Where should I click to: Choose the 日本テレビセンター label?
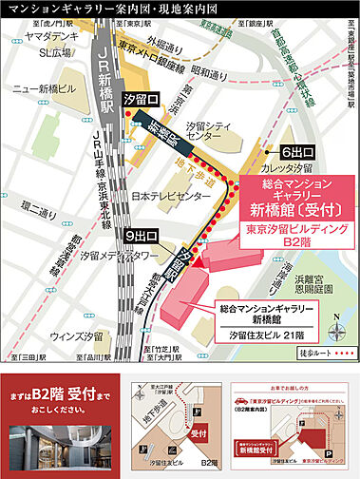click(x=171, y=196)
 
